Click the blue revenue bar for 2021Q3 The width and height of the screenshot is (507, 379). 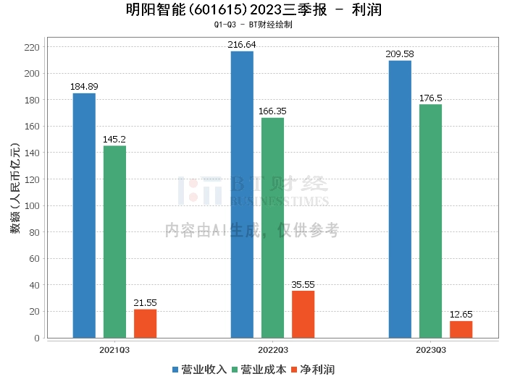coord(84,215)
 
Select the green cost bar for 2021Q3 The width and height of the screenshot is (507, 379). coord(114,241)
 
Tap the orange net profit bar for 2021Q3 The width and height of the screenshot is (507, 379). coord(145,323)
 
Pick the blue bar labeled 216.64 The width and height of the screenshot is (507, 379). coord(242,194)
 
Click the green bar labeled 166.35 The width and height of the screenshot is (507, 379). coord(272,227)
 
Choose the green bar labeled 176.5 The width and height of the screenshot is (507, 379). coord(430,221)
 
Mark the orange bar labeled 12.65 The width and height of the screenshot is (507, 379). coord(461,329)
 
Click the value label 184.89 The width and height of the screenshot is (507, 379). coord(84,87)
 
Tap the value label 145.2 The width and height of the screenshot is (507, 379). coord(114,140)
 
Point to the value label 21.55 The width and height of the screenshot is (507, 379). coord(145,302)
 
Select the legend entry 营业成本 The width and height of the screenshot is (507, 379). coord(261,370)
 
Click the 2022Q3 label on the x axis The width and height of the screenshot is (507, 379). coord(272,349)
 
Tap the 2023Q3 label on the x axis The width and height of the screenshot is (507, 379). coord(430,349)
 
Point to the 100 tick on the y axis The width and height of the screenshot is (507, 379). coord(32,205)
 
